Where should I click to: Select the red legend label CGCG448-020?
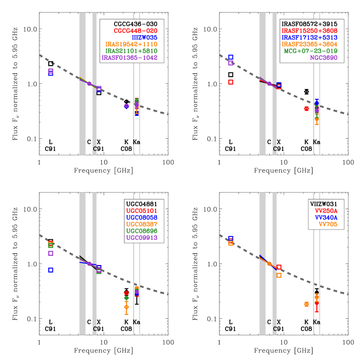135,31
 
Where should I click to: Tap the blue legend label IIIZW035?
144,37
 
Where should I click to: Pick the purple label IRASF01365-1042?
130,57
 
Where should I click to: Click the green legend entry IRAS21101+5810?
131,51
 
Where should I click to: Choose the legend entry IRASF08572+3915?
309,24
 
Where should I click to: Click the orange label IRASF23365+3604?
309,44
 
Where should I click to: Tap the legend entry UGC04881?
142,204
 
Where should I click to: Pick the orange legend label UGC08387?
142,224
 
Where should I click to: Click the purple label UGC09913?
142,238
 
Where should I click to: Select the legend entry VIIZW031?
324,204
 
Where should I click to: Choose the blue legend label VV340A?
326,217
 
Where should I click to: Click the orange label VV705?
328,224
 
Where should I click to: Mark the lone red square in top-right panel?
231,82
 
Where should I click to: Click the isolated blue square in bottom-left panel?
51,270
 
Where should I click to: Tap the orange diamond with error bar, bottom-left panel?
126,307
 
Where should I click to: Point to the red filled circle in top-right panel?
306,109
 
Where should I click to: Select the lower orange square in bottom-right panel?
279,275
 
